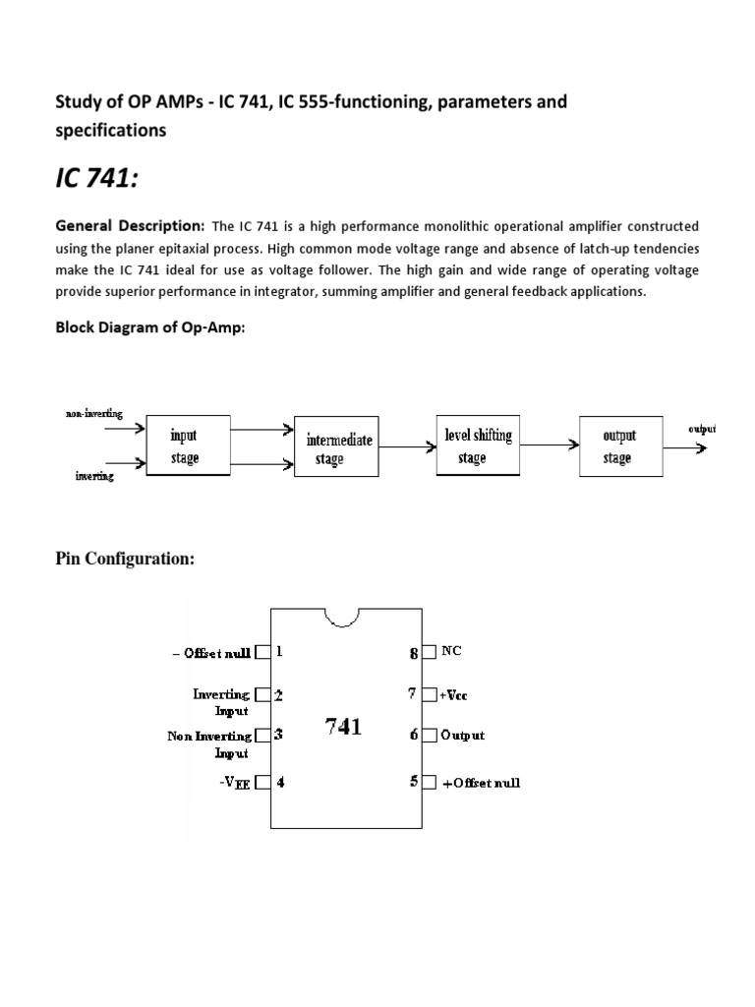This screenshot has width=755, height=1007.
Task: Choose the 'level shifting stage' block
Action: click(x=477, y=446)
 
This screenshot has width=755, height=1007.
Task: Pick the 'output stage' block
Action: click(x=618, y=446)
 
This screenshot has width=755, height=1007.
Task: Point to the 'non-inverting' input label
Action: click(x=94, y=414)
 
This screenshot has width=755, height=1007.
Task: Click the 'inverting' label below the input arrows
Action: click(x=94, y=477)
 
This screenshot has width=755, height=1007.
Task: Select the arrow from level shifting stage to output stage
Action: click(x=549, y=445)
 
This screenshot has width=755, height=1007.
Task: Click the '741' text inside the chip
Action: click(x=343, y=727)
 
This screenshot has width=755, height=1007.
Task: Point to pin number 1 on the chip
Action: click(x=280, y=651)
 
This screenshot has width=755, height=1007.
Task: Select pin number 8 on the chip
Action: click(x=415, y=652)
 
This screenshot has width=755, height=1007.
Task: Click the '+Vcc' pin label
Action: click(x=453, y=694)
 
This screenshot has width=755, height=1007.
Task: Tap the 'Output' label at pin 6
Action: click(x=462, y=735)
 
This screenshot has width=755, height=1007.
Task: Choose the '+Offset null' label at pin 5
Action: click(x=481, y=783)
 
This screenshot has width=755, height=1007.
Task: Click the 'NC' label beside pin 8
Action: click(x=451, y=651)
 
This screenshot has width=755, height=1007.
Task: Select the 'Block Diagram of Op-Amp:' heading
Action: click(x=148, y=328)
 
